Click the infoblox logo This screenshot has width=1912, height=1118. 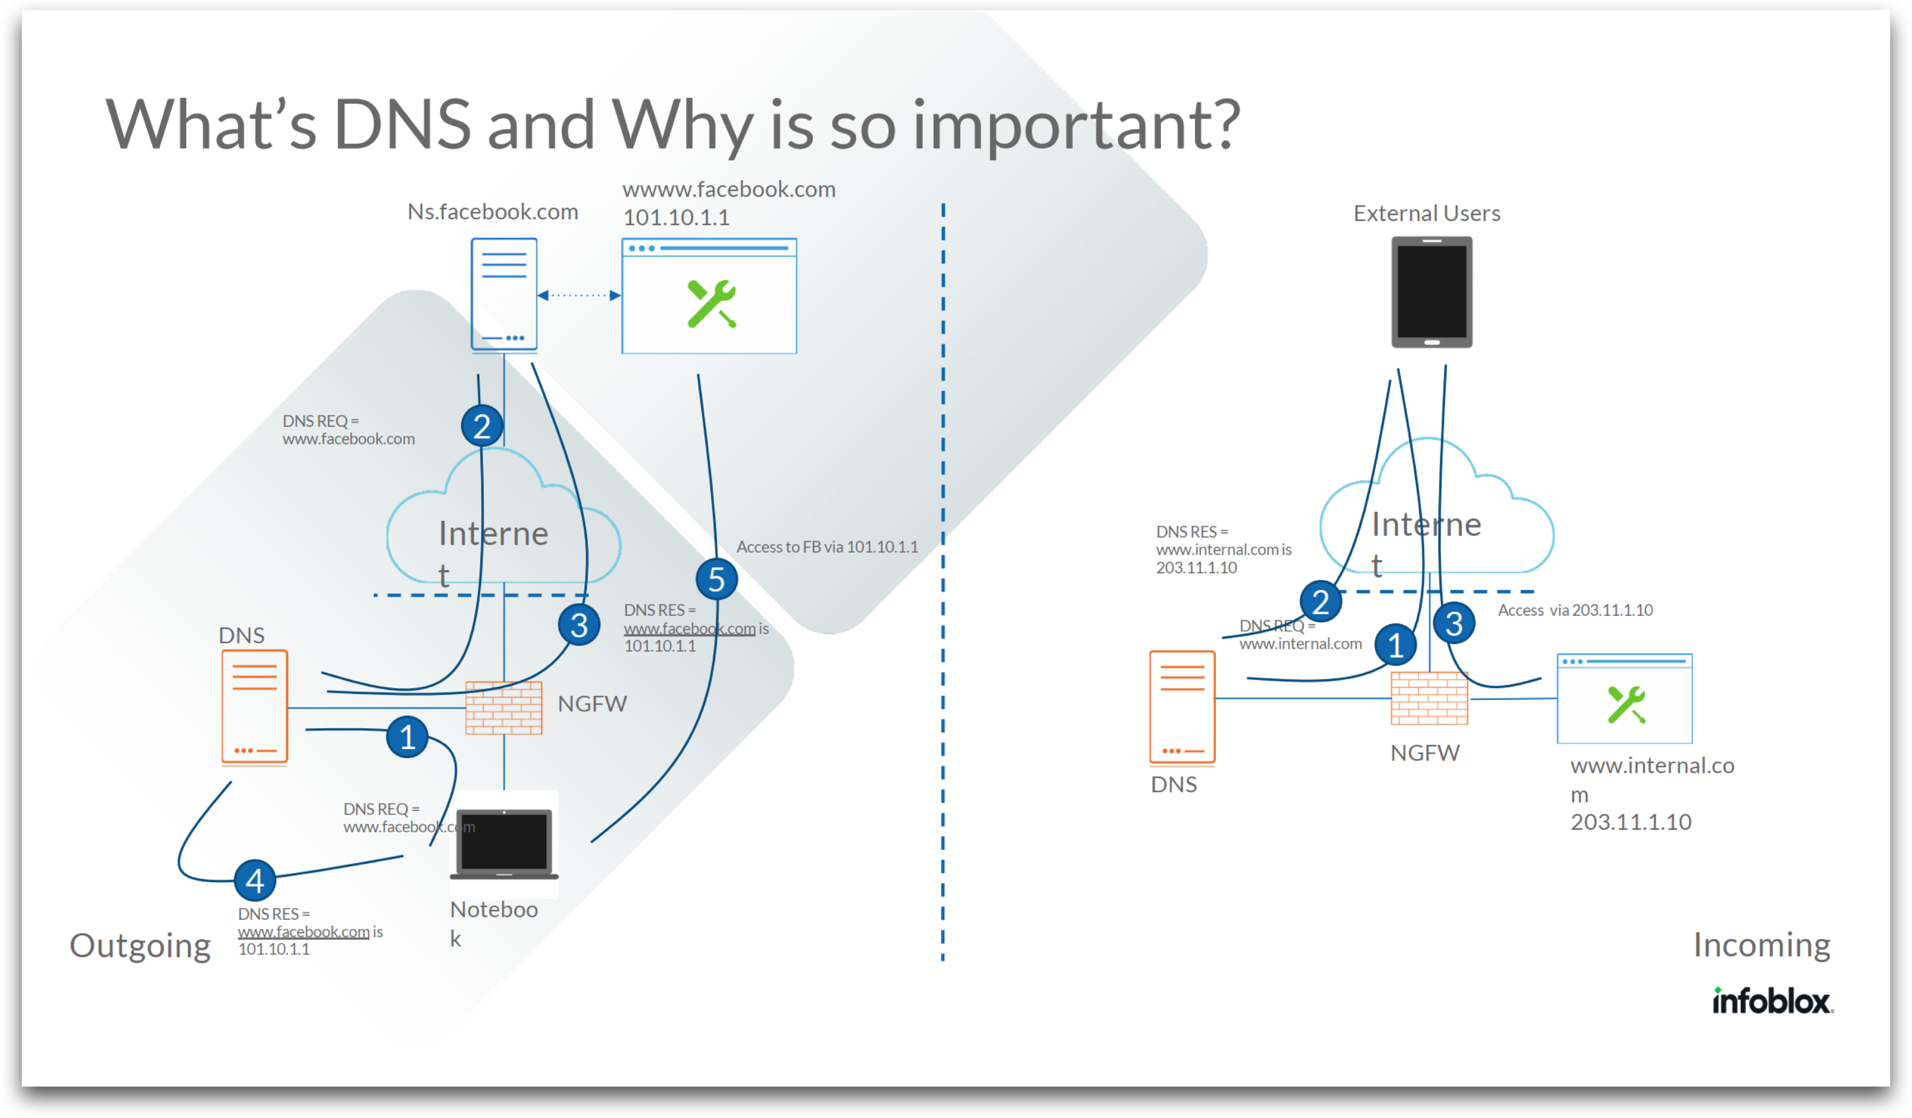click(x=1773, y=1002)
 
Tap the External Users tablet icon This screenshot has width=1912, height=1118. click(x=1432, y=292)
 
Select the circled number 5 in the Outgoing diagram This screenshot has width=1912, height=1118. click(x=716, y=580)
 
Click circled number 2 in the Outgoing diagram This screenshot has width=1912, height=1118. click(x=482, y=426)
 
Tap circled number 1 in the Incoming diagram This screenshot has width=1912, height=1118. click(x=1395, y=645)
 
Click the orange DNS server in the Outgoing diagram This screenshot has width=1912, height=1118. click(x=254, y=706)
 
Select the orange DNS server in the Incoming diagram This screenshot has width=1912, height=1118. click(x=1182, y=706)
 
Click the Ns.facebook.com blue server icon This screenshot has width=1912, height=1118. click(x=504, y=294)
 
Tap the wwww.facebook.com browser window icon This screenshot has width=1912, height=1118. click(x=708, y=296)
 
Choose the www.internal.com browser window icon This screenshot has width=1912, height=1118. click(x=1625, y=698)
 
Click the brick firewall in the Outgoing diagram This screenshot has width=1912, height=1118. click(x=503, y=708)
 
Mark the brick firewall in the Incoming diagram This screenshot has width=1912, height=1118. click(x=1429, y=698)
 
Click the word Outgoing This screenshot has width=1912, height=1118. click(x=141, y=946)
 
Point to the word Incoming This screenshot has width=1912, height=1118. click(x=1762, y=945)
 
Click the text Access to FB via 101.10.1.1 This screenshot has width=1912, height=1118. click(x=827, y=546)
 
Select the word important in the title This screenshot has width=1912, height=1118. click(x=1076, y=125)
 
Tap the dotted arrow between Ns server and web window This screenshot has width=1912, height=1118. click(x=579, y=295)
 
